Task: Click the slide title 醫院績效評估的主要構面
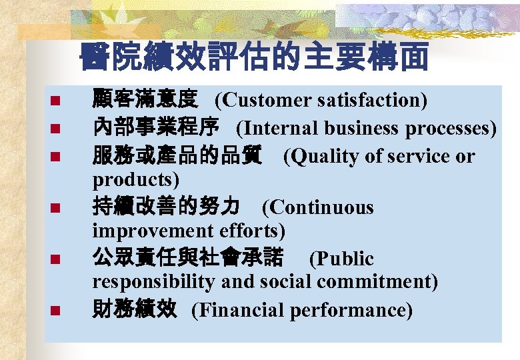click(253, 59)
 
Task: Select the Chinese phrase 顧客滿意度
click(144, 100)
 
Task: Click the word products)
click(136, 179)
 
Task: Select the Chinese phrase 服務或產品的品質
click(176, 156)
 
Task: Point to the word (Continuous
click(318, 207)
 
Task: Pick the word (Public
click(341, 259)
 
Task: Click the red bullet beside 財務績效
click(56, 310)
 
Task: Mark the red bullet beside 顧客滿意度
click(56, 101)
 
